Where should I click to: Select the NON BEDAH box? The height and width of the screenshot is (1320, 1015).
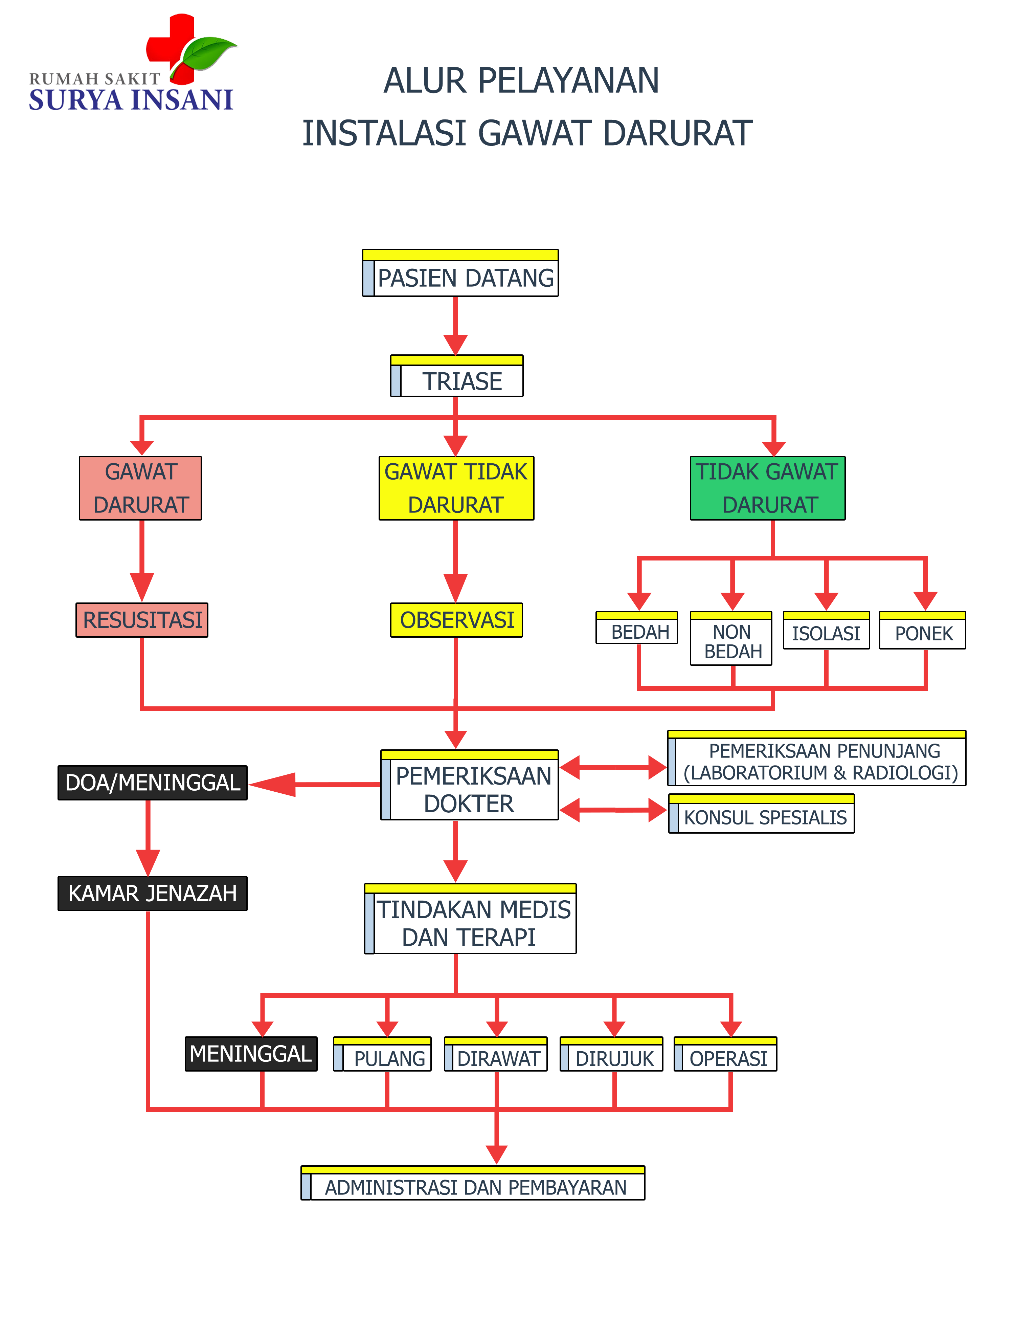pos(731,639)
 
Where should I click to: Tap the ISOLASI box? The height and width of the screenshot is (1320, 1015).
pos(826,631)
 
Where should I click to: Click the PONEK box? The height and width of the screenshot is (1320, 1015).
pos(923,631)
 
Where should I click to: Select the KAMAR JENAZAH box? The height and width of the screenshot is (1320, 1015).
pos(152,893)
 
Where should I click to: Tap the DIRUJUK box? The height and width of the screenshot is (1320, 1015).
pos(611,1055)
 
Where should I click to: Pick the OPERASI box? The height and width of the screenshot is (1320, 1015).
pos(726,1055)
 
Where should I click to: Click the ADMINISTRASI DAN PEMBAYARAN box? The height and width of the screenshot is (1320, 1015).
pos(473,1183)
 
